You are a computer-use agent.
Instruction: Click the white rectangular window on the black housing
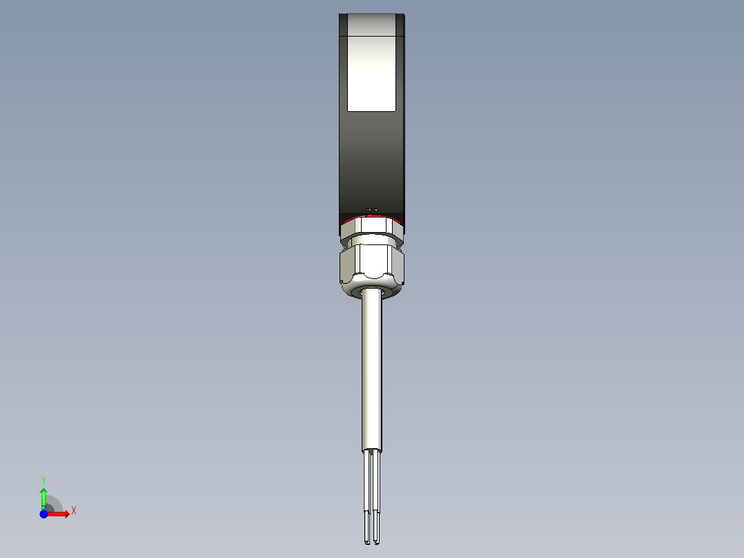point(371,73)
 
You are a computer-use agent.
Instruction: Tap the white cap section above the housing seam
point(371,24)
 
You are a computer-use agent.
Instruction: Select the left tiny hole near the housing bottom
point(369,209)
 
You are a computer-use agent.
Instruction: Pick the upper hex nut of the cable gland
point(371,229)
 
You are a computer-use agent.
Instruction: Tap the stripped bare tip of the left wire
point(366,528)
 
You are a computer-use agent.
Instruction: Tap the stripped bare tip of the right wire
point(377,528)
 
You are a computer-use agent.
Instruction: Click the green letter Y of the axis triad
point(43,479)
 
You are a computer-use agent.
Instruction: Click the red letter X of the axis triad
point(74,511)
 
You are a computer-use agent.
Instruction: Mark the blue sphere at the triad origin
point(43,514)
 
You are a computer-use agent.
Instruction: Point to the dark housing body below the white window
point(371,159)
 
